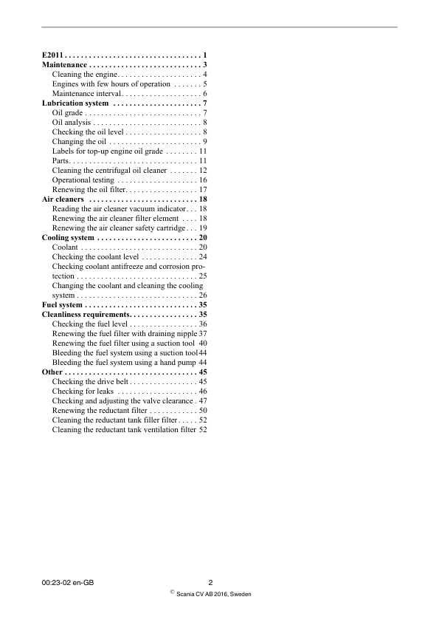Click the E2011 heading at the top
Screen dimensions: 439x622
[x=53, y=56]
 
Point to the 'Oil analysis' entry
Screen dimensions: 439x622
[x=71, y=123]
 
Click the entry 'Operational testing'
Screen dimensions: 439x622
[x=83, y=180]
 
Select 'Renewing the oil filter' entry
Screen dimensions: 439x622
[x=89, y=190]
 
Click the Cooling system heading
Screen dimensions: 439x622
[x=68, y=238]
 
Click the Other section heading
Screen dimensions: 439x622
[x=52, y=372]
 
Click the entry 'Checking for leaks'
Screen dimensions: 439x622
[x=83, y=392]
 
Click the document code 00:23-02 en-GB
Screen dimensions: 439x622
[x=68, y=583]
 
